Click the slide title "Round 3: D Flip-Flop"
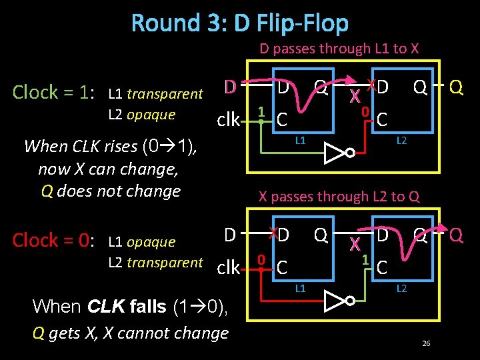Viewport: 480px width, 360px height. pyautogui.click(x=240, y=23)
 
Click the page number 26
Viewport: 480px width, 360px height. pyautogui.click(x=426, y=343)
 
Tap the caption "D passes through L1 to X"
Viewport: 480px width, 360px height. pyautogui.click(x=339, y=49)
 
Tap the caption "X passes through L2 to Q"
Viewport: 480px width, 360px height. pyautogui.click(x=339, y=197)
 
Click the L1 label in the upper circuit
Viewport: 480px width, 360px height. pyautogui.click(x=301, y=141)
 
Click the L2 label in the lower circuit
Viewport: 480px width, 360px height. pyautogui.click(x=401, y=289)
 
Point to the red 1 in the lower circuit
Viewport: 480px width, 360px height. pyautogui.click(x=365, y=259)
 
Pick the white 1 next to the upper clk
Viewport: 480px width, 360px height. pyautogui.click(x=262, y=111)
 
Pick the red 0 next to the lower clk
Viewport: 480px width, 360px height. pyautogui.click(x=262, y=259)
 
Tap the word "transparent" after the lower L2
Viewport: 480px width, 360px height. pyautogui.click(x=165, y=263)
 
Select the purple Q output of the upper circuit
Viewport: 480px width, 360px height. pyautogui.click(x=457, y=87)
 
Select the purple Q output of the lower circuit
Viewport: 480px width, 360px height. pyautogui.click(x=457, y=235)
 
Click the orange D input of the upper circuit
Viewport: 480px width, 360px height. pyautogui.click(x=230, y=87)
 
